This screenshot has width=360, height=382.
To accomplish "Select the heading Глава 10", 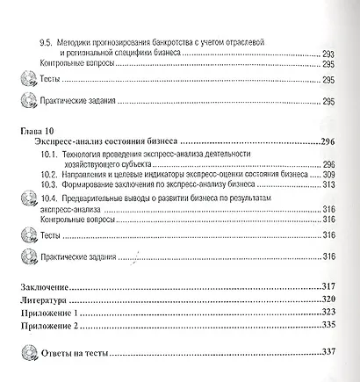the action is pos(36,129).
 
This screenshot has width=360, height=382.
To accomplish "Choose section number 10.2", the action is pos(50,174).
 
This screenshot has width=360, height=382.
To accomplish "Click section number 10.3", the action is pos(50,185).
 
